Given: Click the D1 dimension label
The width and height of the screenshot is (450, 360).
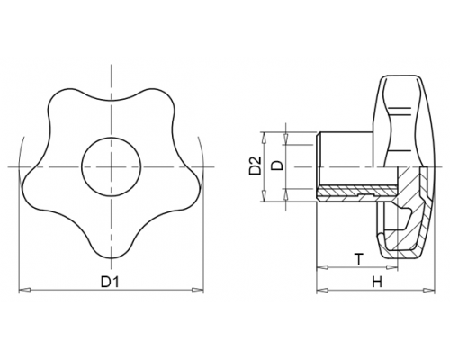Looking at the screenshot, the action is [110, 282].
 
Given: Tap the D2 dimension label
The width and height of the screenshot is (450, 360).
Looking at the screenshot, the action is [256, 166].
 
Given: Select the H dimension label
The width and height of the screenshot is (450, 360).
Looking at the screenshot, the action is [377, 282].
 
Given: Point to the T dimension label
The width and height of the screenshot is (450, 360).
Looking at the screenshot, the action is [359, 259].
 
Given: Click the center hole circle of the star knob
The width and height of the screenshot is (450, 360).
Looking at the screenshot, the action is [112, 166].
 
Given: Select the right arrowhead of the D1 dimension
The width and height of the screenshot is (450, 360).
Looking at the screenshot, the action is [198, 290].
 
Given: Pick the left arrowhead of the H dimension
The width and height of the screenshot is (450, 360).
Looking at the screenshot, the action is [322, 290].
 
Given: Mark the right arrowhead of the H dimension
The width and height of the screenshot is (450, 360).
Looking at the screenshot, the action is [428, 290].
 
